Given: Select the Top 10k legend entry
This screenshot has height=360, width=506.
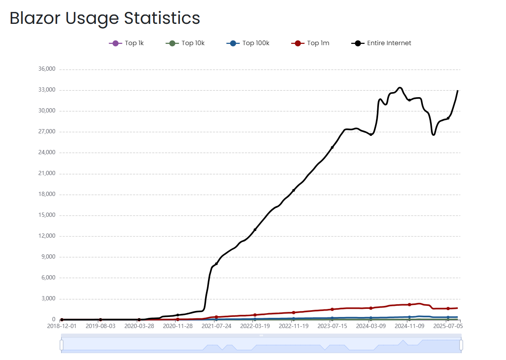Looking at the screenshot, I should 185,43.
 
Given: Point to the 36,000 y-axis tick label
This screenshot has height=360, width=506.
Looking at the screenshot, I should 47,69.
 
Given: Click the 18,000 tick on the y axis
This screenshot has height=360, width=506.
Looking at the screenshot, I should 47,194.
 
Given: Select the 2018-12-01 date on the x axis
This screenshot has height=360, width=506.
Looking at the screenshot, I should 62,326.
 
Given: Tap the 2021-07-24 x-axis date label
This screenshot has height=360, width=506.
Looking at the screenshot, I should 216,326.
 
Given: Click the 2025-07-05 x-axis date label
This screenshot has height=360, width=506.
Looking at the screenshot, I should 448,326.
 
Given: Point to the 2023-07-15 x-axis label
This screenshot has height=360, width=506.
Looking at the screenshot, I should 332,326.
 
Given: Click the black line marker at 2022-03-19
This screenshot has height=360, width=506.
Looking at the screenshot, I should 255,230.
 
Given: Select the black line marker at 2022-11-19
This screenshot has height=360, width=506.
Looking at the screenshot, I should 293,190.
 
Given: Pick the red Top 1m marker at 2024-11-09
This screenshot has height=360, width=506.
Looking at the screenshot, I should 409,305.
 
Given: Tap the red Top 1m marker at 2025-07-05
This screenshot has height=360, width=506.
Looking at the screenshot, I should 448,308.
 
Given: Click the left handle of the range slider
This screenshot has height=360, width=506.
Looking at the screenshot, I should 61,345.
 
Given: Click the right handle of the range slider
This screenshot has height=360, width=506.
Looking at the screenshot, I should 461,345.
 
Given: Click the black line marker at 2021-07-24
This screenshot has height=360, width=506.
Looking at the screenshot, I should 216,264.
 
